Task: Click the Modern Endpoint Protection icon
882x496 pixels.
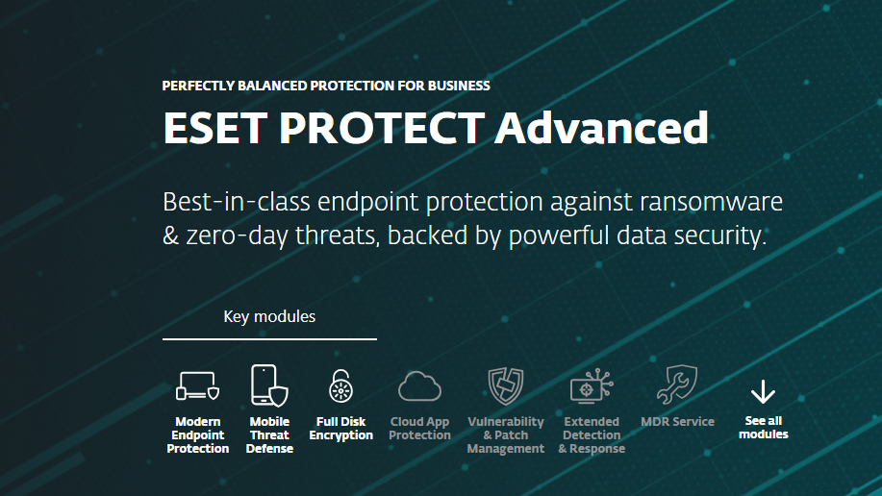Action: point(197,385)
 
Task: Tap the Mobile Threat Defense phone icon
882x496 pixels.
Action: point(269,385)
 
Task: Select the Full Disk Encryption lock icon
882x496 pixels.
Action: point(340,385)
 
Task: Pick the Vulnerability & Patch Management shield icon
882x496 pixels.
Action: point(506,385)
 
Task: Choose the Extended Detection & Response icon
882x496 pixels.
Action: point(592,385)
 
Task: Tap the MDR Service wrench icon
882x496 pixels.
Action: point(677,384)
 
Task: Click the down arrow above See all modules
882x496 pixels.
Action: point(764,391)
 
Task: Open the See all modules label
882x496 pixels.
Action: point(764,428)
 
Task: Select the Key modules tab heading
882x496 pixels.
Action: point(269,316)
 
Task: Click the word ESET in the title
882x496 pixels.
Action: point(214,128)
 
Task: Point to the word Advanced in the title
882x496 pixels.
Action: point(602,128)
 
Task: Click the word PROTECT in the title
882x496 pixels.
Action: point(382,128)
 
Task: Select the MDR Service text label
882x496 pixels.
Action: point(677,422)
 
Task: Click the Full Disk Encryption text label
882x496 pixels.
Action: point(340,429)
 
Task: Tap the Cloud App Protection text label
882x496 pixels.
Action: point(419,429)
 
